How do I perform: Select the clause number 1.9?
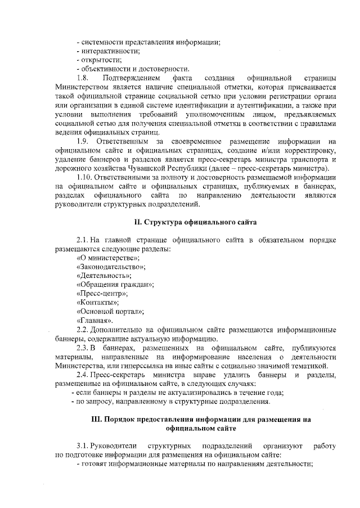(83, 140)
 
